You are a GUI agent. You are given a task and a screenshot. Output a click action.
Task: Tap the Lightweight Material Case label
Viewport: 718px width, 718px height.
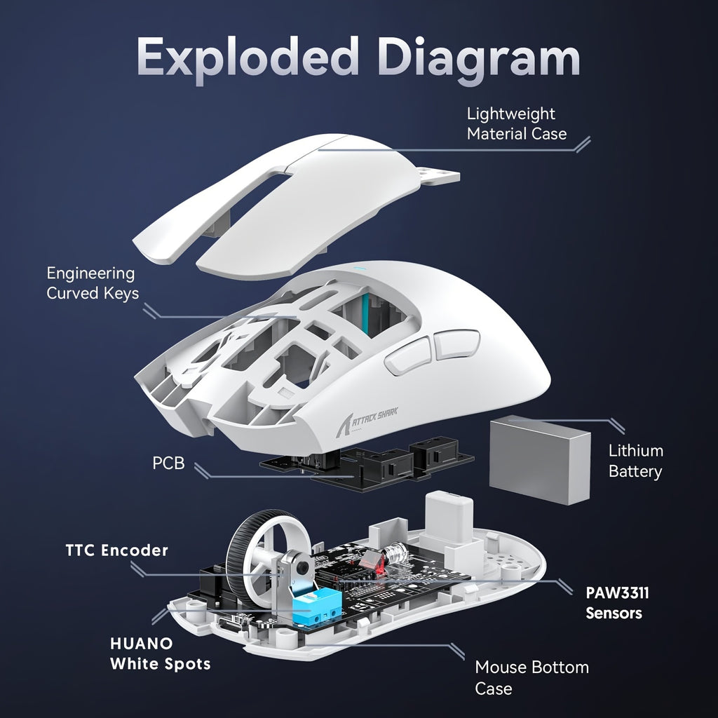517,123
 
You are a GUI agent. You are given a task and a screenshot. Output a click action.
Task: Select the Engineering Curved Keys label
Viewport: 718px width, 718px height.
92,283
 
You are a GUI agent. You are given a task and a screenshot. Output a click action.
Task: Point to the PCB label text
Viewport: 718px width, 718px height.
168,463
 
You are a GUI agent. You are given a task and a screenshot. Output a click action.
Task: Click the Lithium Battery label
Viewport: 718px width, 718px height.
635,461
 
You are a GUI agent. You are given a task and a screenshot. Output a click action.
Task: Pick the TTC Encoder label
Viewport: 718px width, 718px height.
117,550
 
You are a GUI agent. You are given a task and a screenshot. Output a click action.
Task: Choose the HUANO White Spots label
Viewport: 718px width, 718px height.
160,653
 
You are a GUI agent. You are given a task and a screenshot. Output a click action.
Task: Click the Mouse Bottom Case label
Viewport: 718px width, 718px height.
531,677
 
